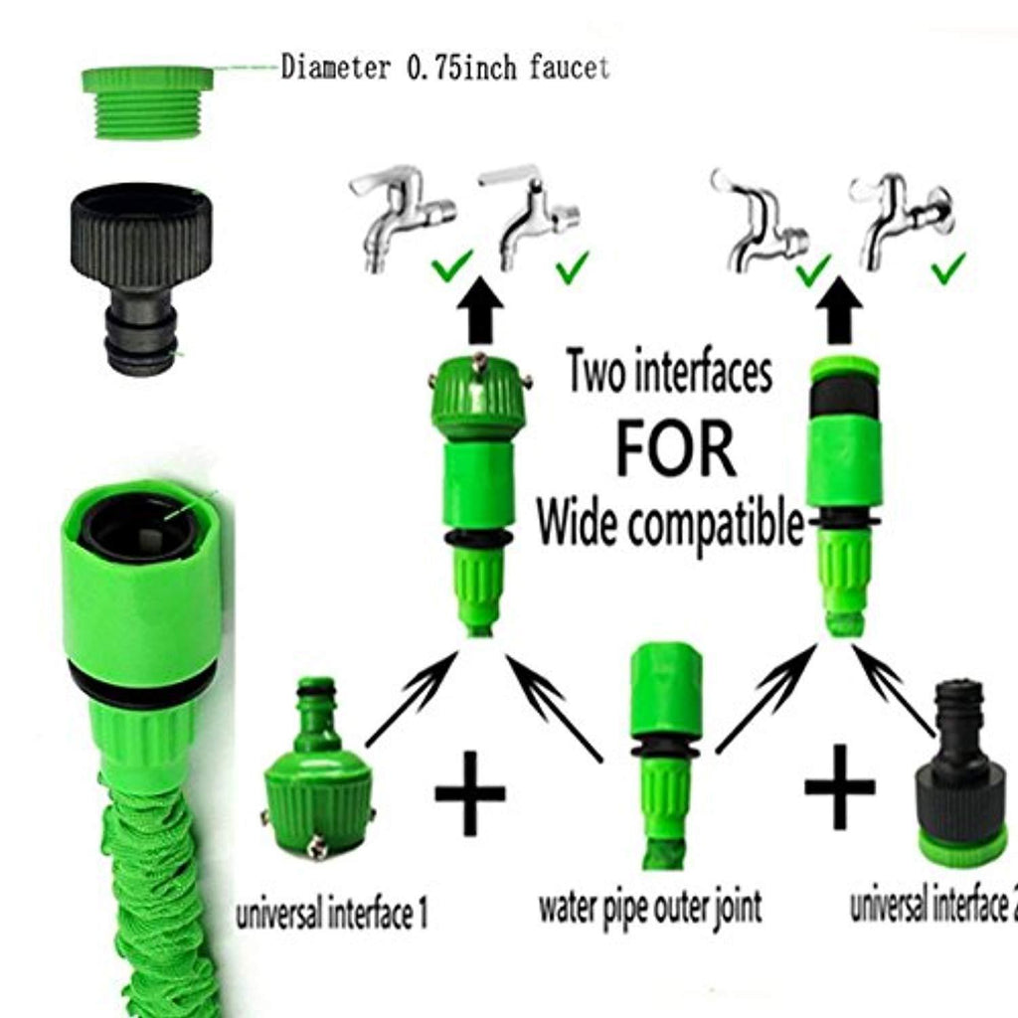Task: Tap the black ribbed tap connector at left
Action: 141,279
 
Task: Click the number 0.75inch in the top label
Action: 461,68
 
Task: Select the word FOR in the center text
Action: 675,449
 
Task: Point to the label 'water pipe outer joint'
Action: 650,908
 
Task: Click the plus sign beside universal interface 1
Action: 469,792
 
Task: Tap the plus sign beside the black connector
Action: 839,787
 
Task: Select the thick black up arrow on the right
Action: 839,310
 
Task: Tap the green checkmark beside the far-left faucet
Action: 452,266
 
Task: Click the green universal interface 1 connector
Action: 319,767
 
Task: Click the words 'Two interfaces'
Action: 670,372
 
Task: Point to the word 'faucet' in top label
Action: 569,67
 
